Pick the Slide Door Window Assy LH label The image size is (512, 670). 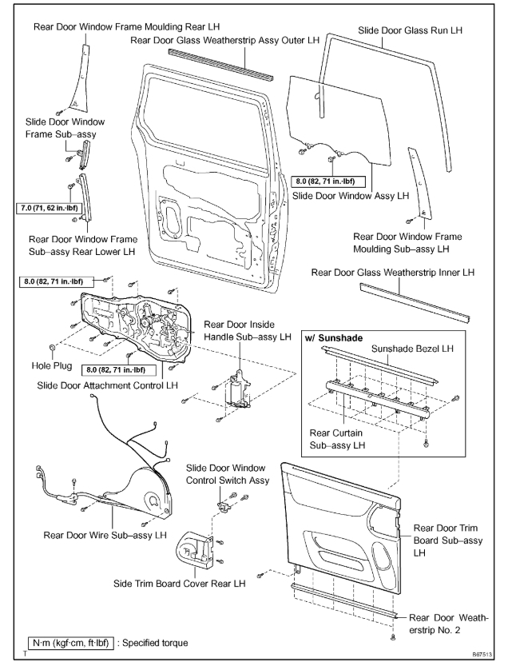tap(350, 195)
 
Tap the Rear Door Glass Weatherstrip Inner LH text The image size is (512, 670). tap(393, 273)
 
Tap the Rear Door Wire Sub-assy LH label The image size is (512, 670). tap(105, 534)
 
